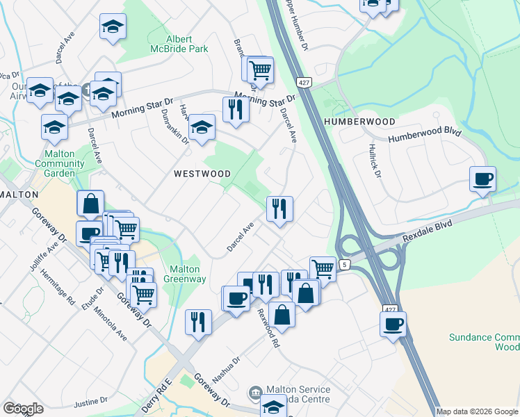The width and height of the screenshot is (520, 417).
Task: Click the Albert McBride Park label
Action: [x=170, y=44]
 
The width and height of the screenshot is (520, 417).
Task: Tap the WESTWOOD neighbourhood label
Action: [x=202, y=173]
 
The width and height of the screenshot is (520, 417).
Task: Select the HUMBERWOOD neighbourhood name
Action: [x=359, y=121]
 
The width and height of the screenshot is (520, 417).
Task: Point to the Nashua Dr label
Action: [x=227, y=367]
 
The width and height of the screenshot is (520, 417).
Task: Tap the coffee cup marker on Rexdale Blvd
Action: [x=482, y=179]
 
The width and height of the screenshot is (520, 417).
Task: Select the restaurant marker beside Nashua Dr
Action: [x=198, y=322]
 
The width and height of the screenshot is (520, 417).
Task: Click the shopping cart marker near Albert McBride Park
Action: [x=260, y=69]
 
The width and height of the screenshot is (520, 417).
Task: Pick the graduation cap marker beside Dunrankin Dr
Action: [x=202, y=127]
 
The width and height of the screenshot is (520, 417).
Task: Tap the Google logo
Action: [x=24, y=409]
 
